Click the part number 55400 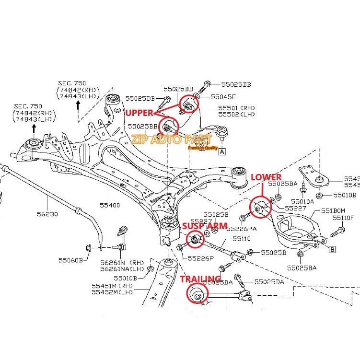109,205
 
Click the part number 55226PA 242,229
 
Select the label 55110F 344,218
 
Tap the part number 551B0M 333,210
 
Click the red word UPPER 139,113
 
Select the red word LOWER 266,177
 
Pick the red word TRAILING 200,279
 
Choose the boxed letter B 332,249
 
